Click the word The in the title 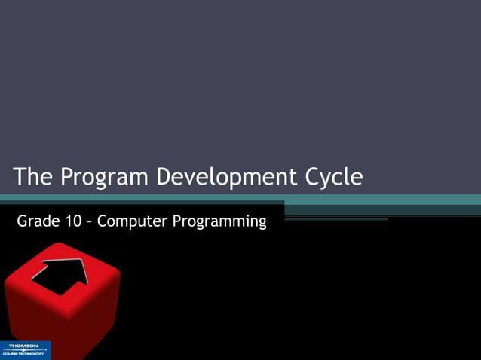coord(33,177)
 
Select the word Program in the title coord(104,178)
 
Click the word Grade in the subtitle coord(37,221)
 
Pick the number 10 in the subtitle coord(74,221)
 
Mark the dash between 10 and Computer coord(90,223)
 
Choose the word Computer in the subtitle coord(129,222)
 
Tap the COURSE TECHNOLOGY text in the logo coord(25,354)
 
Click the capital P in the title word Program coord(68,177)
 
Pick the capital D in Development coord(164,177)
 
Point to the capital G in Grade coord(23,221)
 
